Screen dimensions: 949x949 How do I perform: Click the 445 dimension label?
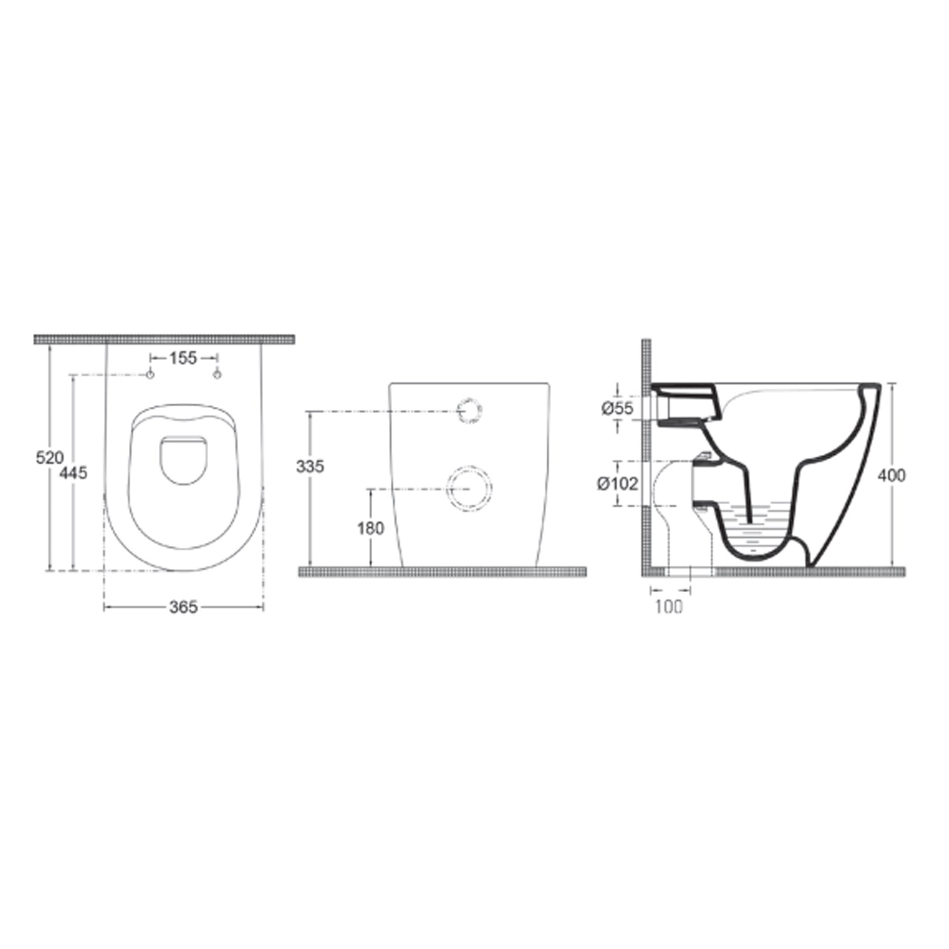pos(73,473)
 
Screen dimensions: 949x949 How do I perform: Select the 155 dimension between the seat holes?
pos(183,358)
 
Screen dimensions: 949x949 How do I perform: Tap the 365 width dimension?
pos(183,607)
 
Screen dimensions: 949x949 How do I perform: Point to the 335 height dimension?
pos(310,466)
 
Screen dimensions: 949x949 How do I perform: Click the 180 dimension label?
pos(371,528)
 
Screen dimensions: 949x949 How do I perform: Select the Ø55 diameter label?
pos(617,409)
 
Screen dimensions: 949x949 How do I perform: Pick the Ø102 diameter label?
pos(617,484)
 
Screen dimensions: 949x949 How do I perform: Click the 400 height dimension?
pos(892,475)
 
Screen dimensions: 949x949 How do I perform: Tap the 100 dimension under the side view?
pos(669,606)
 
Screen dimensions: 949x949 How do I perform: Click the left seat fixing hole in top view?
pos(151,375)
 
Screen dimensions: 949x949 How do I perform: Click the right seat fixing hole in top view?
pos(217,375)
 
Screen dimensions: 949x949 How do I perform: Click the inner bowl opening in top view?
pos(184,458)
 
